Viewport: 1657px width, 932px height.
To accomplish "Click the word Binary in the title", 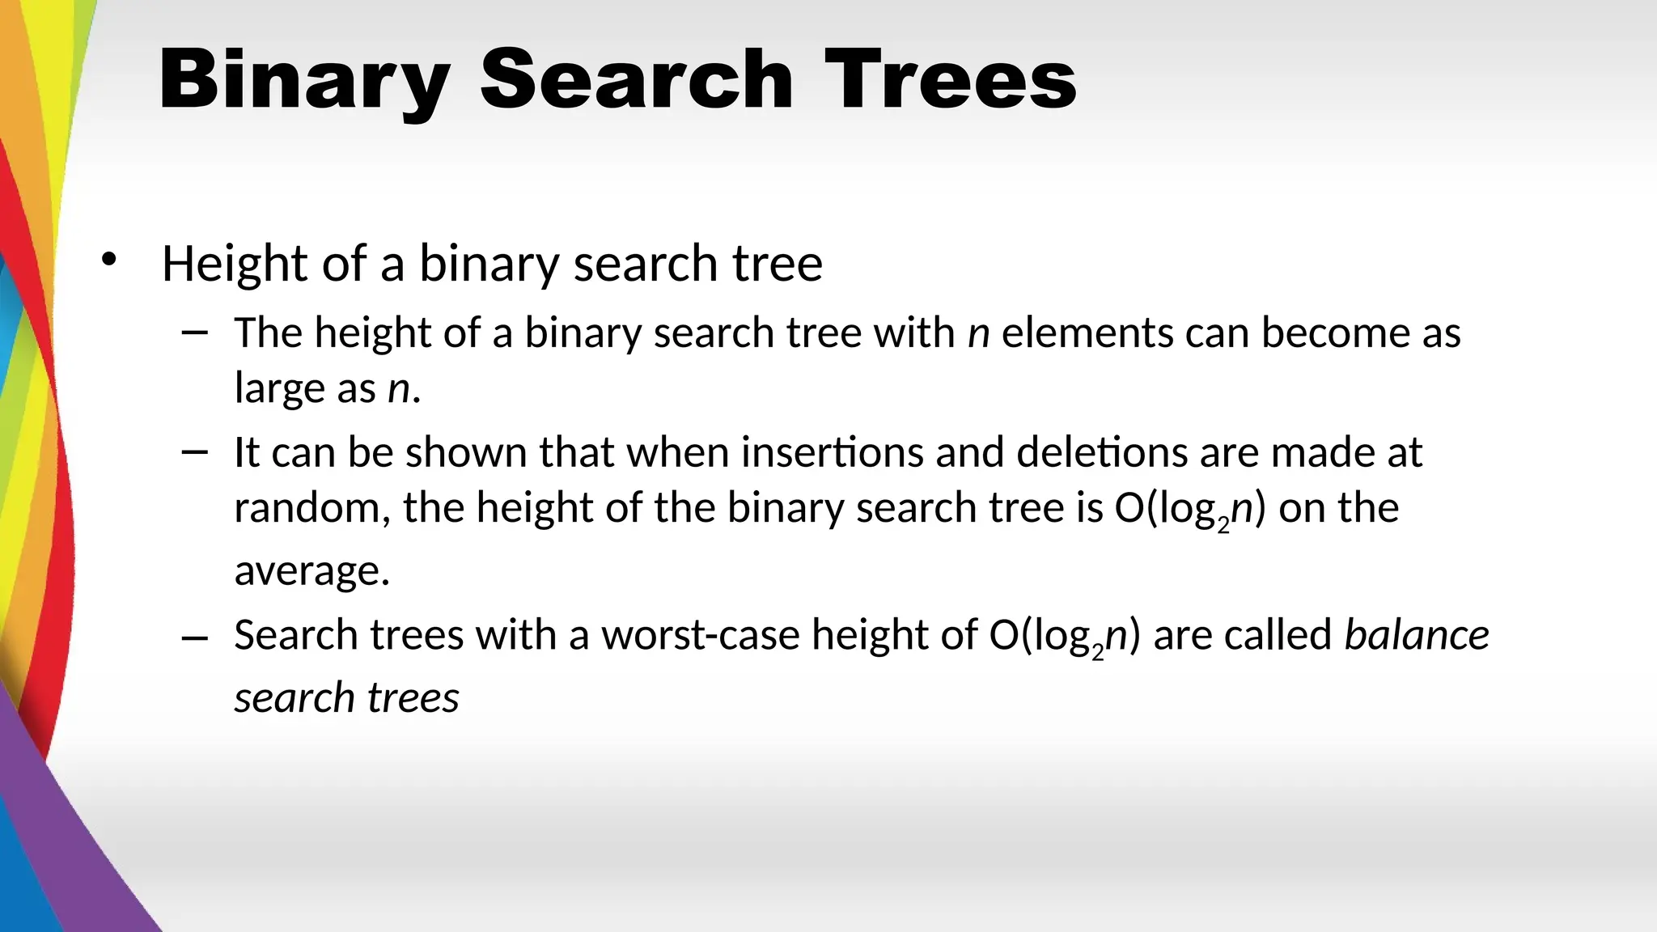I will tap(304, 81).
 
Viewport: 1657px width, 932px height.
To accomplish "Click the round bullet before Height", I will tap(109, 260).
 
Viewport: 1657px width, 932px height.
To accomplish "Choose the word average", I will tap(311, 571).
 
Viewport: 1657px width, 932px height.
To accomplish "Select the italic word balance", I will tap(1416, 635).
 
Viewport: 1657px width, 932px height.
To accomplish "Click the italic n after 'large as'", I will tap(399, 389).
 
